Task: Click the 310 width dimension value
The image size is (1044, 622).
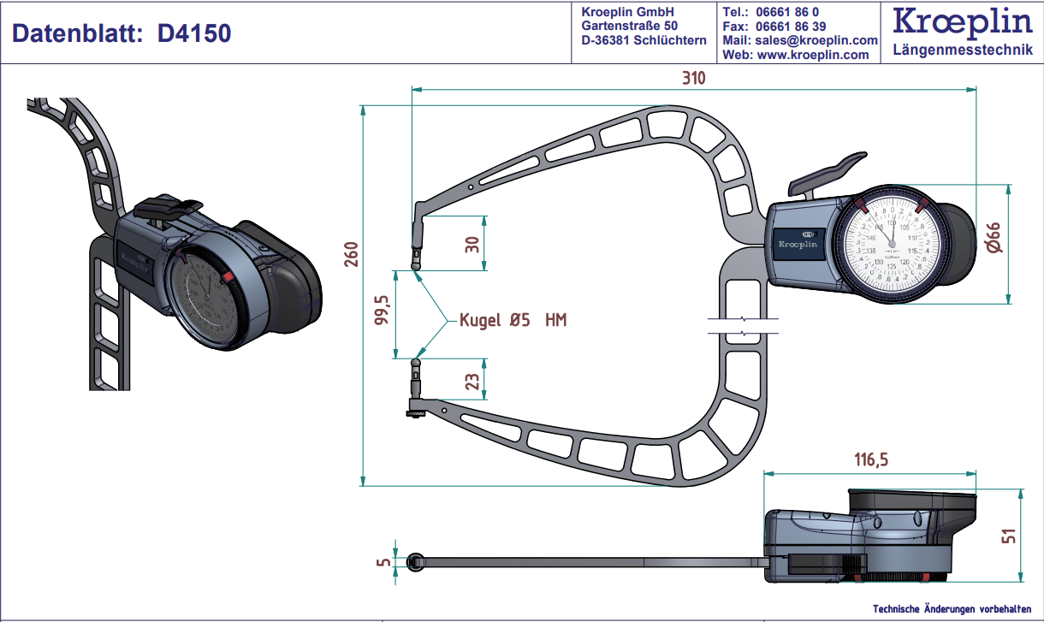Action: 693,78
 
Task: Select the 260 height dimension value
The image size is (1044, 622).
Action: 350,253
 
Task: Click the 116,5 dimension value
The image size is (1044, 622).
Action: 869,459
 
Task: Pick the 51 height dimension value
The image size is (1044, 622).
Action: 1010,536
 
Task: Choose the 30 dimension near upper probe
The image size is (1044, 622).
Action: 472,244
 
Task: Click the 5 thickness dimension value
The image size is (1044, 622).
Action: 383,562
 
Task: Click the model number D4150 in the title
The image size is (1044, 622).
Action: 195,33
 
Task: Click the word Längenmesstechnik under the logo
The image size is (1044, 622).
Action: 963,50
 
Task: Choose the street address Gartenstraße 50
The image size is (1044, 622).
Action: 629,26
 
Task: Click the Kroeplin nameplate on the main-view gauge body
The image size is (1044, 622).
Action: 798,244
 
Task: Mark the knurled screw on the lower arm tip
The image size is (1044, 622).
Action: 415,415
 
